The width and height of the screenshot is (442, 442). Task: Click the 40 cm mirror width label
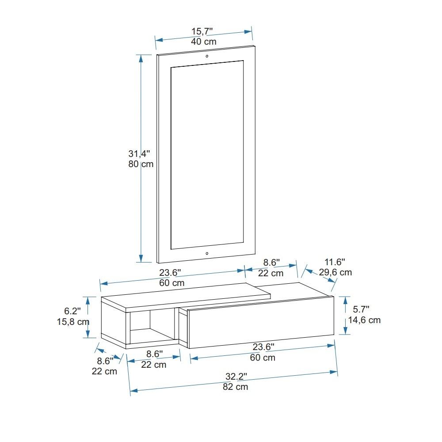[x=204, y=42]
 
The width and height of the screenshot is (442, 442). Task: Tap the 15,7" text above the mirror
[x=202, y=31]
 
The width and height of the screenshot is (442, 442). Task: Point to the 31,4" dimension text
[x=139, y=154]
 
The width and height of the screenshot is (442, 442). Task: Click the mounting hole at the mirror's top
[x=206, y=56]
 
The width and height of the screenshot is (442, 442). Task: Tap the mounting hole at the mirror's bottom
[x=206, y=254]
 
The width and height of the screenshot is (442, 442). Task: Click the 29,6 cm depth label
[x=335, y=272]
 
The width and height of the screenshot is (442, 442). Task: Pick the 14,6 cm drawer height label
[x=364, y=320]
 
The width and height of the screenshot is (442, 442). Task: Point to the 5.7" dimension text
[x=361, y=309]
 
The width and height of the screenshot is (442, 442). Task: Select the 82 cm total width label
[x=236, y=387]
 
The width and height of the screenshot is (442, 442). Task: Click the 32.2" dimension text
[x=236, y=377]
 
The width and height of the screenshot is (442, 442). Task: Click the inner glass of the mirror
[x=206, y=155]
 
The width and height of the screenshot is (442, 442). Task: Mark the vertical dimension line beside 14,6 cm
[x=345, y=316]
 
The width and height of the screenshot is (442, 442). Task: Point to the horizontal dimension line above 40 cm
[x=204, y=36]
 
